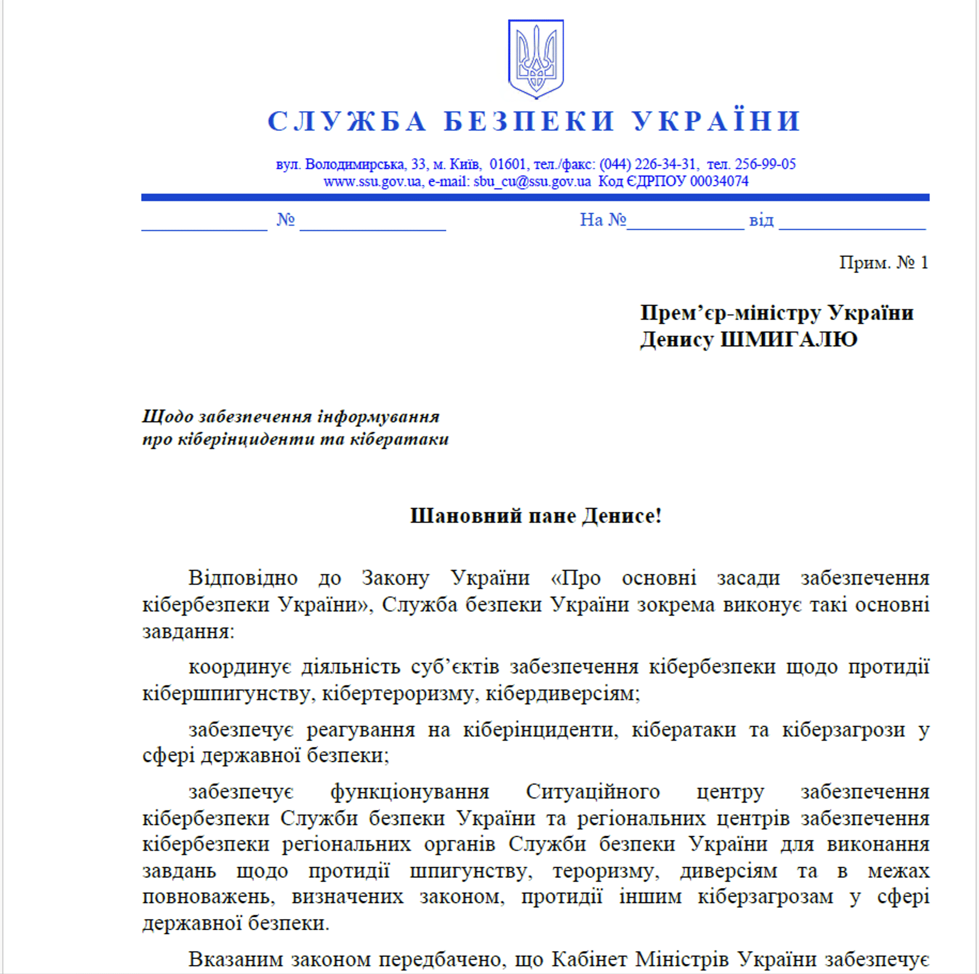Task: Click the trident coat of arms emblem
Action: point(536,58)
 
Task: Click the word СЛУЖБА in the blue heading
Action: point(347,121)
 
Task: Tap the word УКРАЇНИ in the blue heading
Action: point(717,121)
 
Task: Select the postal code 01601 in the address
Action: point(508,164)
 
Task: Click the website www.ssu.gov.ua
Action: point(372,182)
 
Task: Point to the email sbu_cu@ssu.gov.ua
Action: point(532,182)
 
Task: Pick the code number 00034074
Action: point(719,182)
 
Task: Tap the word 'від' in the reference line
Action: point(761,220)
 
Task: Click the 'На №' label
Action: point(602,220)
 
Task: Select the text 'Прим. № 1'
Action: point(883,262)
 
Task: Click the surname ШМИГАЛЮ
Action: point(789,339)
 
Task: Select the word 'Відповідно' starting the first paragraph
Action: point(243,578)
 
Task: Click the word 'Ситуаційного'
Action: point(593,791)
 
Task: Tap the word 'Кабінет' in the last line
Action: point(589,959)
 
